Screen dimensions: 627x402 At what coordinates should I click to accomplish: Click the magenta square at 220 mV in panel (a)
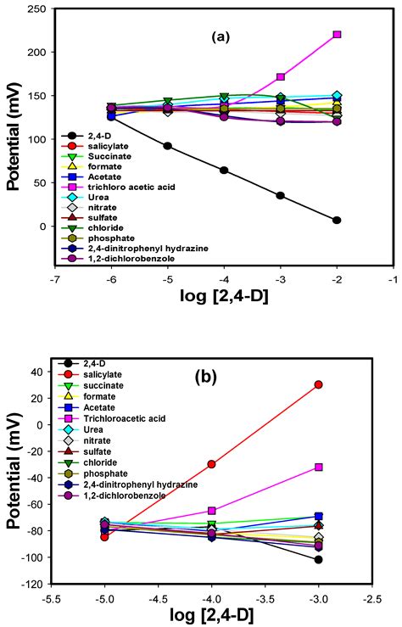tap(337, 35)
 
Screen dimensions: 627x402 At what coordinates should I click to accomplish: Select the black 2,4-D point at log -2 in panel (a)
tap(337, 221)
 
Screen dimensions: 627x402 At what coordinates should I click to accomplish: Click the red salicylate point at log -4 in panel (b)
tap(212, 464)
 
